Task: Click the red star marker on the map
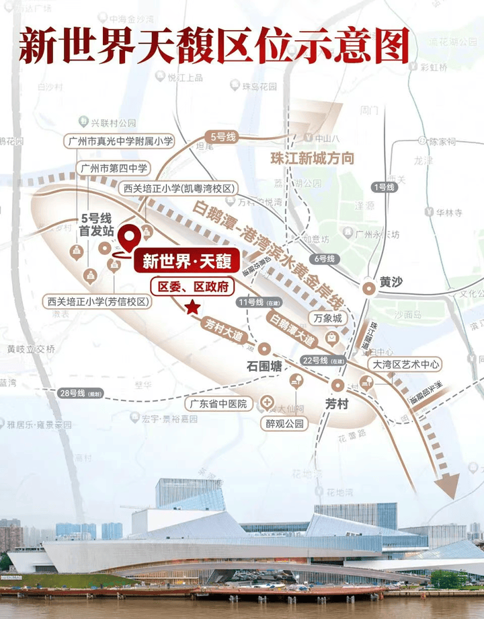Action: (192, 307)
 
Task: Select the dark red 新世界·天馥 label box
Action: (187, 261)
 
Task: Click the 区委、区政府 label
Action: (192, 287)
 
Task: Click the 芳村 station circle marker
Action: (337, 386)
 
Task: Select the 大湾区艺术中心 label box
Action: (407, 364)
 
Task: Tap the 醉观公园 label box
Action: (285, 424)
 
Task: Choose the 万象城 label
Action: (327, 317)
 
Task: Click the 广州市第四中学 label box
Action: (114, 168)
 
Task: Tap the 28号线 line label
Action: (75, 392)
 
